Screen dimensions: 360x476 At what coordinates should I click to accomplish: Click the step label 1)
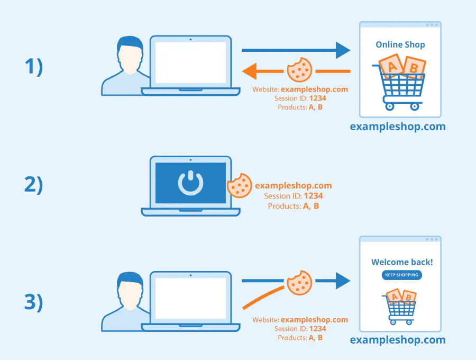33,67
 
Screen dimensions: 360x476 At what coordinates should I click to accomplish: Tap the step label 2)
33,185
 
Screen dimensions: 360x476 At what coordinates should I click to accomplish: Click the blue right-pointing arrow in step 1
296,51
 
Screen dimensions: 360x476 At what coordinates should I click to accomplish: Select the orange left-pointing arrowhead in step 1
250,70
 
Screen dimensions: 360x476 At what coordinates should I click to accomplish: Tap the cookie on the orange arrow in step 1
299,69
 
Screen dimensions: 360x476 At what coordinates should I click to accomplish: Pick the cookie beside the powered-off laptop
239,186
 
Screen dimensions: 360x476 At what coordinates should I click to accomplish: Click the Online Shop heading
400,44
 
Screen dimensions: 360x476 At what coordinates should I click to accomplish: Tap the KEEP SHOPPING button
401,275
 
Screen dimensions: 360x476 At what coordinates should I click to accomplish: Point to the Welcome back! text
401,262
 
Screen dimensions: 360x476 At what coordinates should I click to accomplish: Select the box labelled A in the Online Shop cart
392,66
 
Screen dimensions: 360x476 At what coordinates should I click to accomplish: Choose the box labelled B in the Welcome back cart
408,297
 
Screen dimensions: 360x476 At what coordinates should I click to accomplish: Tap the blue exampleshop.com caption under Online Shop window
398,127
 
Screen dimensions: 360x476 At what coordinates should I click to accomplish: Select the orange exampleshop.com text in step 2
294,186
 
